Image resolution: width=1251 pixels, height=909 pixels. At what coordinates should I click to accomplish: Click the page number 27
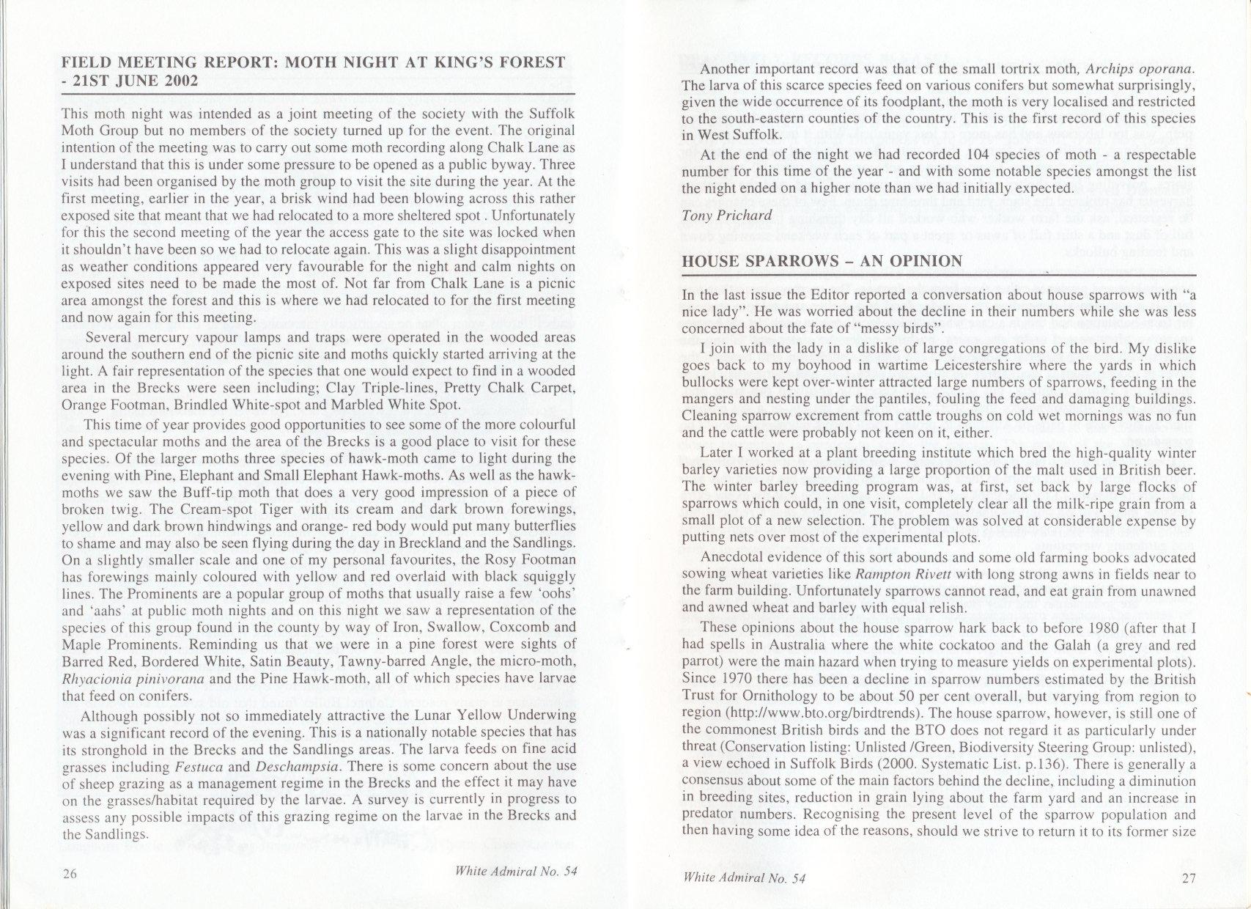point(1189,880)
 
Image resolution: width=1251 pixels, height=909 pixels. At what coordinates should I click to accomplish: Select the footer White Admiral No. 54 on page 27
point(743,878)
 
